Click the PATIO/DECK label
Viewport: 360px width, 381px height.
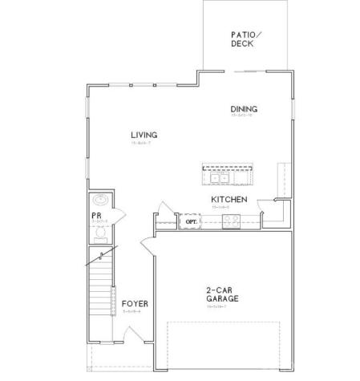(243, 39)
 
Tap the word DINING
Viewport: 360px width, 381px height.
(243, 109)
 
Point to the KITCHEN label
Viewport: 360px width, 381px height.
(229, 199)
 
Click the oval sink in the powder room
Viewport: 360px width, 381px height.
(100, 200)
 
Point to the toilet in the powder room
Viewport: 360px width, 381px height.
(101, 234)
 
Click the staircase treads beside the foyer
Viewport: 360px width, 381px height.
(100, 293)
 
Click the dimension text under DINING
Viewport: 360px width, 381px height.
(243, 117)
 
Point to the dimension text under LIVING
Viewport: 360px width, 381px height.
(145, 143)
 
